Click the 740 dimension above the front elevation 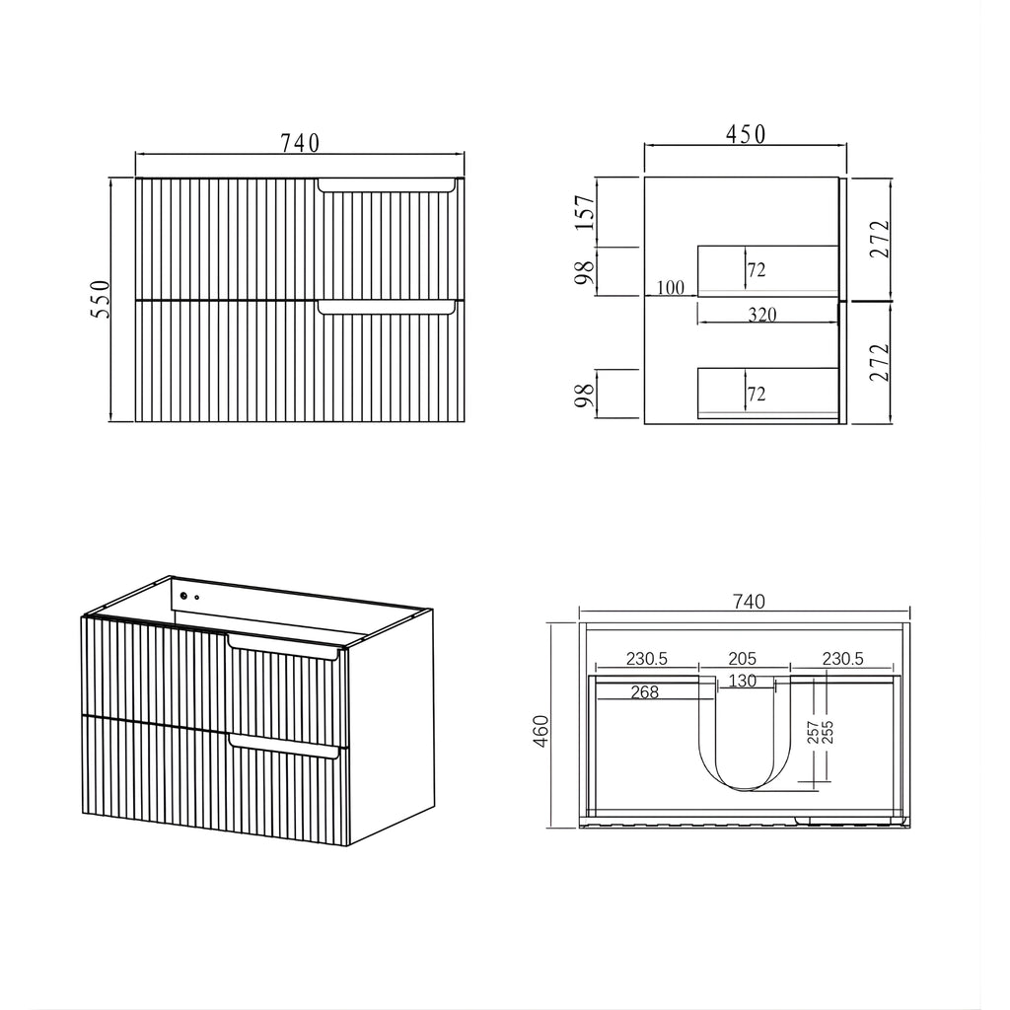click(x=300, y=143)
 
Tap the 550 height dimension click(x=101, y=299)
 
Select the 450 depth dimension click(x=746, y=134)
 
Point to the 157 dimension click(x=585, y=213)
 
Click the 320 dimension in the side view click(x=762, y=315)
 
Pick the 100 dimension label click(x=670, y=287)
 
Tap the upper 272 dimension click(x=879, y=239)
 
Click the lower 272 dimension click(x=879, y=362)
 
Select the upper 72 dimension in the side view click(x=757, y=270)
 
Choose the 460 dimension click(x=541, y=731)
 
